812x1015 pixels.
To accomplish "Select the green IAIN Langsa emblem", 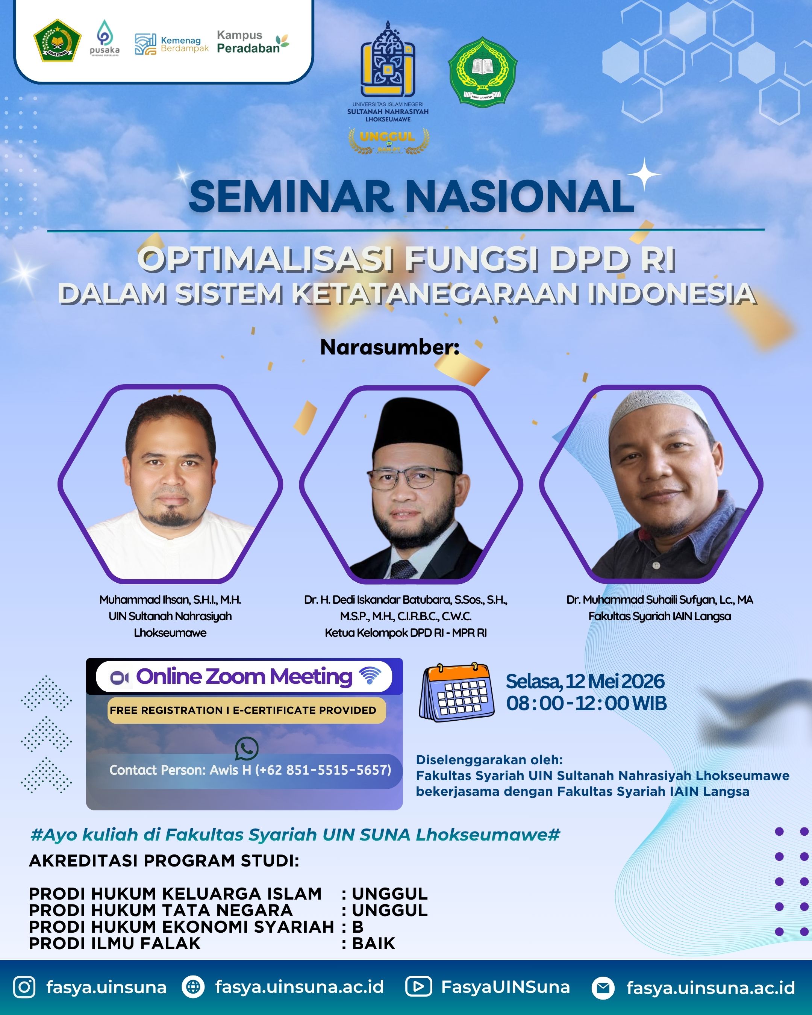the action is point(482,71).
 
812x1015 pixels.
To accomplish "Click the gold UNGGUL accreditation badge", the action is point(388,141).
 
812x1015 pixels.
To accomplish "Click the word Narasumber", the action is point(390,347).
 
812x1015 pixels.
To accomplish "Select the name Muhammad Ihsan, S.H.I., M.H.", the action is point(170,599).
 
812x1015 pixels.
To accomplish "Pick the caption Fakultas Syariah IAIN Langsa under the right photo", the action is point(659,616).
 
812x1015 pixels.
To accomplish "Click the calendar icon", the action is point(456,692).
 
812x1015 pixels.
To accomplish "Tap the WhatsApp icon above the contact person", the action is point(247,748).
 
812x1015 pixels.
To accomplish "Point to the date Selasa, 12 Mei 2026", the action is point(585,681).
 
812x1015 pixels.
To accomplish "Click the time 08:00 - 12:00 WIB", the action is point(586,703).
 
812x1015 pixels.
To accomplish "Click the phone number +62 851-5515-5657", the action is point(323,770).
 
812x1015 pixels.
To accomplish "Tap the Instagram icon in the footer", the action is point(24,987).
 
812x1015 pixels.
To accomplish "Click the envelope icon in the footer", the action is point(603,988).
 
